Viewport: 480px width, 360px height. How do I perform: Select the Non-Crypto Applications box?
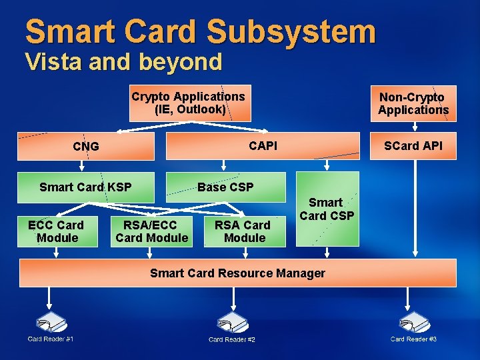[x=413, y=103]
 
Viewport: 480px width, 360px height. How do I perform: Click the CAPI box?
[x=263, y=146]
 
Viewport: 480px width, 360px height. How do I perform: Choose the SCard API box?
[x=413, y=146]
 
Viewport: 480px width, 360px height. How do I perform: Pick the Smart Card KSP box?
[x=85, y=187]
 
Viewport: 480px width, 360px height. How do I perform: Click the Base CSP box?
[x=225, y=187]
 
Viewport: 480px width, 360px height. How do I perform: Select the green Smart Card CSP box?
[x=326, y=209]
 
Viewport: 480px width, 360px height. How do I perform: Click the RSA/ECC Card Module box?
[x=151, y=231]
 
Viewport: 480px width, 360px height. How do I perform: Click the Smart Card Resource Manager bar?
[x=238, y=273]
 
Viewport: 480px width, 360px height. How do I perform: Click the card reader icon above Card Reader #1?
[x=51, y=323]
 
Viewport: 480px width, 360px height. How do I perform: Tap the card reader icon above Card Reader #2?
[x=232, y=323]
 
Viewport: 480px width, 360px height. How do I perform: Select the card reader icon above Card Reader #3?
[x=413, y=323]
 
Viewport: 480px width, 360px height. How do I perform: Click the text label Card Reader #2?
[x=232, y=340]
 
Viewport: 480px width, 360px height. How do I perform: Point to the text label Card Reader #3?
[x=413, y=339]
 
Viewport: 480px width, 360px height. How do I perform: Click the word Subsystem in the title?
[x=291, y=31]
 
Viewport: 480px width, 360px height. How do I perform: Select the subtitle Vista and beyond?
[x=123, y=62]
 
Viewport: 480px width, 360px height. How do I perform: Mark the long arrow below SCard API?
[x=415, y=207]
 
